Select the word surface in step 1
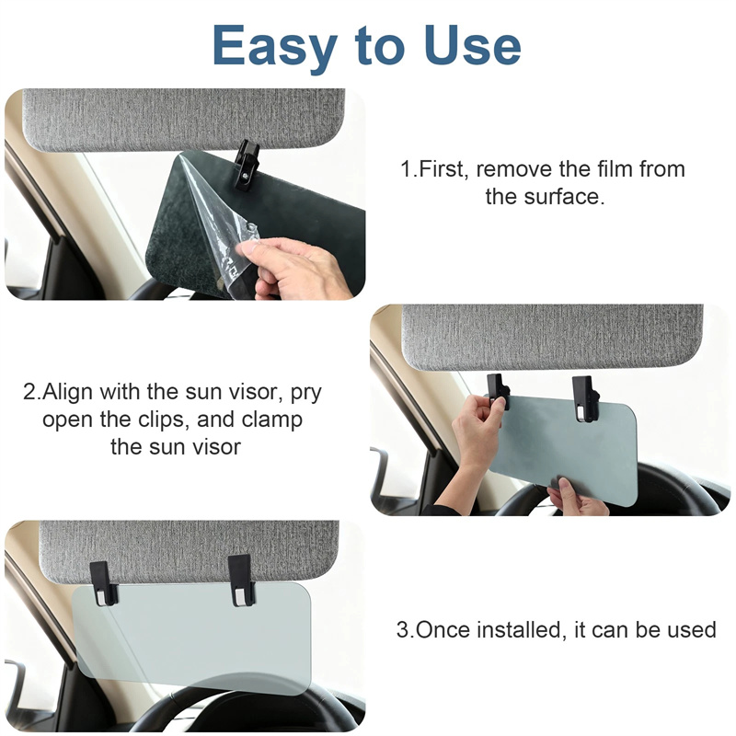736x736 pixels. pyautogui.click(x=564, y=196)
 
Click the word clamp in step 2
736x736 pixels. pyautogui.click(x=271, y=420)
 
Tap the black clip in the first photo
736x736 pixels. pyautogui.click(x=247, y=166)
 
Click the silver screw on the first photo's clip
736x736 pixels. pyautogui.click(x=246, y=176)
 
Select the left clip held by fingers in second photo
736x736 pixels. pyautogui.click(x=498, y=390)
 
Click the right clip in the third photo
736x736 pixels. pyautogui.click(x=241, y=581)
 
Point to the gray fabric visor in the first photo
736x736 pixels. pyautogui.click(x=183, y=120)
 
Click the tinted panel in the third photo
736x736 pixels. pyautogui.click(x=192, y=638)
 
